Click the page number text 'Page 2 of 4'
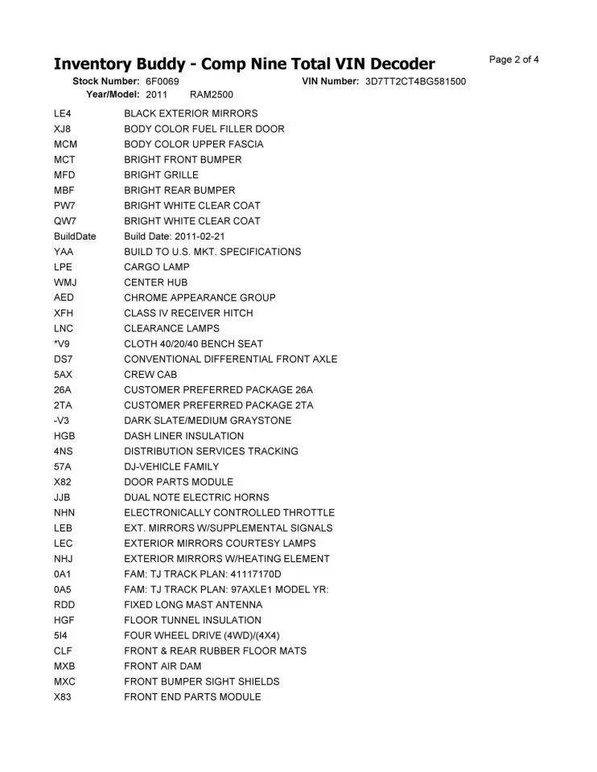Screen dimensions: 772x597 click(x=513, y=60)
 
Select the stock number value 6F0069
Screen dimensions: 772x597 click(x=163, y=82)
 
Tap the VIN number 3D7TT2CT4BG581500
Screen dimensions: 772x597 click(x=415, y=82)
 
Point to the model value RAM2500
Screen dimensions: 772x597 click(x=212, y=95)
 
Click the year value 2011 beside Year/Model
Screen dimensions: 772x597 click(x=157, y=95)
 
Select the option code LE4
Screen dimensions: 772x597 click(x=63, y=113)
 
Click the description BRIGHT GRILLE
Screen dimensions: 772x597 click(x=161, y=175)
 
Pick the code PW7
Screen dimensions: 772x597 click(x=64, y=206)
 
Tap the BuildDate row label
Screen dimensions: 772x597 click(x=75, y=236)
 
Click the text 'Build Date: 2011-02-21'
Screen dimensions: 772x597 click(x=175, y=236)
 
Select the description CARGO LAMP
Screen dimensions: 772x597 click(x=157, y=267)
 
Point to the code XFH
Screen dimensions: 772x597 click(x=64, y=313)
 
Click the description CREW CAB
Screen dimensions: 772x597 click(x=150, y=375)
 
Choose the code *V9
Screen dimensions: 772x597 click(x=63, y=343)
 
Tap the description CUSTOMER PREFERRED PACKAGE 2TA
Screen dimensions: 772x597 click(x=219, y=405)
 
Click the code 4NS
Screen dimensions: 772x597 click(x=64, y=451)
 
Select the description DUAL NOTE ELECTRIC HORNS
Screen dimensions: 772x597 click(x=196, y=497)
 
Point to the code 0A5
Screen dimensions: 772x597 click(x=64, y=589)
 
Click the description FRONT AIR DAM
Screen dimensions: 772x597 click(x=163, y=666)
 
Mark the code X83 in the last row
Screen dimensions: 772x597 click(x=63, y=696)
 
